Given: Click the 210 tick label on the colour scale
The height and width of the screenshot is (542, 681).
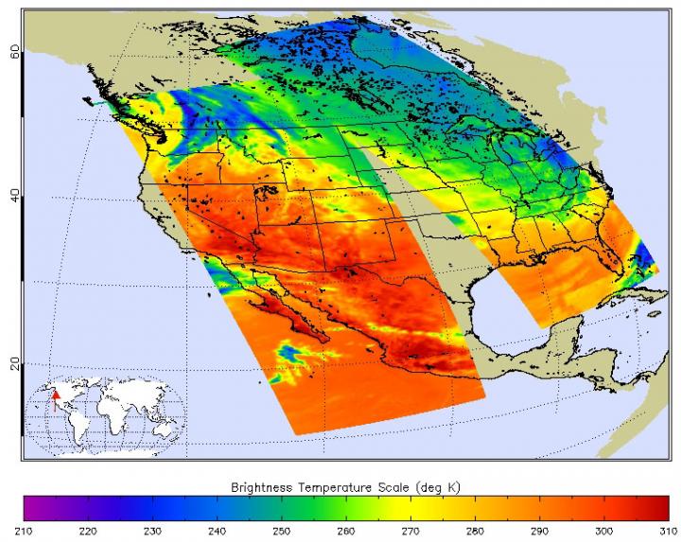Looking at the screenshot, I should click(26, 531).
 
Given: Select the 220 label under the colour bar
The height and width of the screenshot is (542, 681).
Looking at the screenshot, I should click(89, 531).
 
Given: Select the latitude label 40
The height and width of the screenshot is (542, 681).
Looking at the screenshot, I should click(14, 194).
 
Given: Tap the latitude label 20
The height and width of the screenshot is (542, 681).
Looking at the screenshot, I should click(14, 364).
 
